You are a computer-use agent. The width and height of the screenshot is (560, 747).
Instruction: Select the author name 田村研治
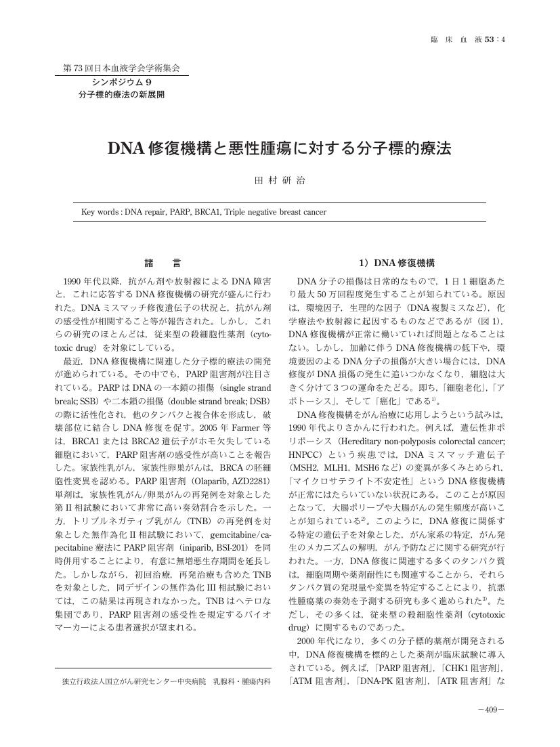pyautogui.click(x=280, y=181)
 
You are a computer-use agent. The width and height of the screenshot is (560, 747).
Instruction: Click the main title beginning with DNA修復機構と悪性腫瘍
pyautogui.click(x=280, y=148)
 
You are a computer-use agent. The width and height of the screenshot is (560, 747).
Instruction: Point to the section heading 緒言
pyautogui.click(x=163, y=263)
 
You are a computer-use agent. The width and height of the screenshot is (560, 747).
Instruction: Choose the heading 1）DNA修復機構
pyautogui.click(x=396, y=263)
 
